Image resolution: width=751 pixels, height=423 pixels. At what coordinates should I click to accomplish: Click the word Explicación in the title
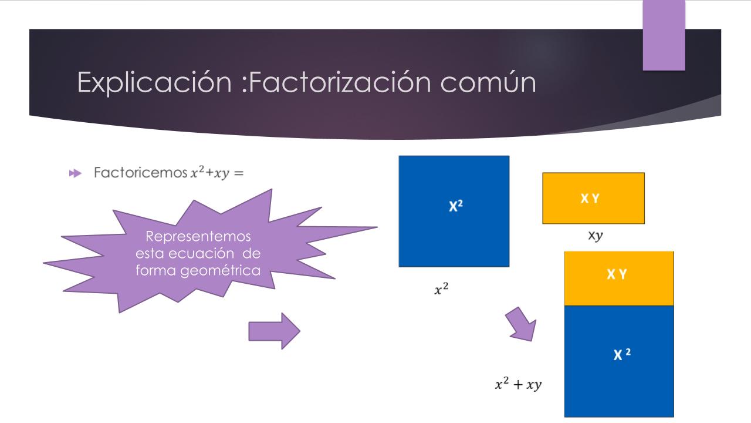point(154,82)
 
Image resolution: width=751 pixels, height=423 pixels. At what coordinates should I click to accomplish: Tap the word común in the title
point(488,82)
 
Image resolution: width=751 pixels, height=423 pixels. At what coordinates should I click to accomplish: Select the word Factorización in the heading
point(340,82)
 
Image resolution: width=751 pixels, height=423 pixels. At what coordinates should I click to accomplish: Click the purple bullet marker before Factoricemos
point(75,173)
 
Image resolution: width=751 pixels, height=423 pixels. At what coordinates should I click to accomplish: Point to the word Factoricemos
point(140,173)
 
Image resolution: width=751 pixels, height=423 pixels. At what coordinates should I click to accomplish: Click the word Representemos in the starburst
point(198,236)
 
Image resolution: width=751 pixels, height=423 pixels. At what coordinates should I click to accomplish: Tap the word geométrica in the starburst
point(220,271)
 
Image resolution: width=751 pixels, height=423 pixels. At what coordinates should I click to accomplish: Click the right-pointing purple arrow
point(274,331)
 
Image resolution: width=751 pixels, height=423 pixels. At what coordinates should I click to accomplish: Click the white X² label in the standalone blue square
point(456,206)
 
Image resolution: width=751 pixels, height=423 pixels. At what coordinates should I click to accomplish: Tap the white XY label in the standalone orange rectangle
point(590,199)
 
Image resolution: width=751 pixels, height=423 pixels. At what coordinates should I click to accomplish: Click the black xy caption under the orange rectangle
point(596,236)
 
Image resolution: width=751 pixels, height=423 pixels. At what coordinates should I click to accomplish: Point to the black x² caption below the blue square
point(441,288)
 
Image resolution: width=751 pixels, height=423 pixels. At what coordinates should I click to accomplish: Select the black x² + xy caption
point(518,384)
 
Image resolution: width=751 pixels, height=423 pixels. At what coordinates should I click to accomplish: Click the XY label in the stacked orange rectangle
point(617,274)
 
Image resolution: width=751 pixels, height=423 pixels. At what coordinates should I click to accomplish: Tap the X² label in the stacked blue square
point(622,354)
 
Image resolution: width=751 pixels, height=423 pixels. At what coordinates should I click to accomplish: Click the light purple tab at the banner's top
point(664,35)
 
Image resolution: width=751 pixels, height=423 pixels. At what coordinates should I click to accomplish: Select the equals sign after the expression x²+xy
point(239,173)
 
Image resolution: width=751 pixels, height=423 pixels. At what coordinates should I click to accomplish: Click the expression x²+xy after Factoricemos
point(210,172)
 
